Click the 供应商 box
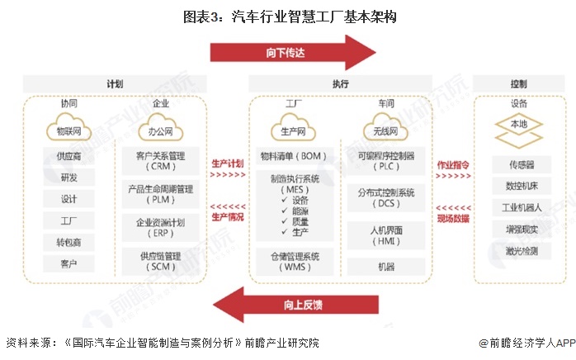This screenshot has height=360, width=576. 69,156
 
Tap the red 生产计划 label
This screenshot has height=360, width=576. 228,163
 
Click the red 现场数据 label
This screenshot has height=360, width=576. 453,218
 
